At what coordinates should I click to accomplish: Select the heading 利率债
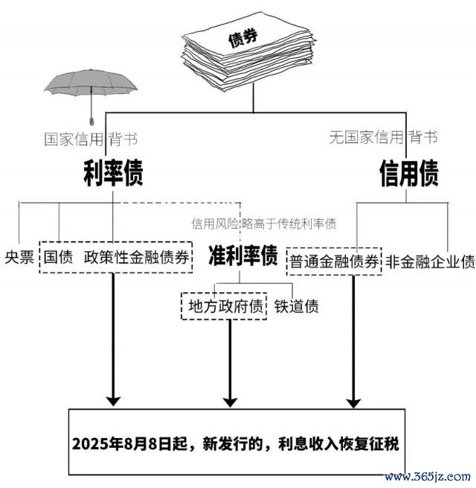pyautogui.click(x=112, y=173)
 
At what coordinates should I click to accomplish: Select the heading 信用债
pyautogui.click(x=408, y=173)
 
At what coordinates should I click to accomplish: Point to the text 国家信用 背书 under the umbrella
pyautogui.click(x=90, y=138)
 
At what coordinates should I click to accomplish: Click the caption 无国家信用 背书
pyautogui.click(x=383, y=137)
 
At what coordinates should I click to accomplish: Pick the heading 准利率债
pyautogui.click(x=242, y=256)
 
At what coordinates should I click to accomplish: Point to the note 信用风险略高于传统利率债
pyautogui.click(x=263, y=222)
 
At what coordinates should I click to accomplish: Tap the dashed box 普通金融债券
pyautogui.click(x=334, y=262)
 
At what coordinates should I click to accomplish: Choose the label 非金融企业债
pyautogui.click(x=430, y=262)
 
